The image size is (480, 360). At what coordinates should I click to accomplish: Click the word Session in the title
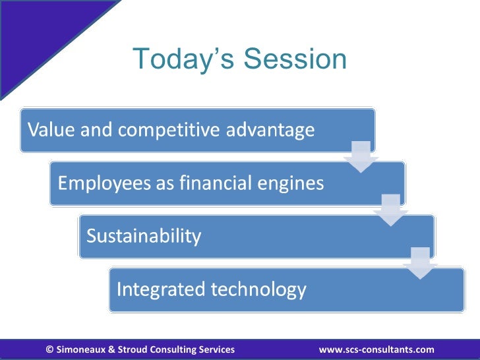tap(295, 59)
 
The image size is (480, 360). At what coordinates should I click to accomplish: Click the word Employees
tap(104, 184)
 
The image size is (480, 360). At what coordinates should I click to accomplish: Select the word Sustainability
tap(144, 236)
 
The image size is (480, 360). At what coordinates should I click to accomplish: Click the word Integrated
tap(161, 289)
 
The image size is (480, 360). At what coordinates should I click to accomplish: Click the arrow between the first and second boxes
tap(361, 157)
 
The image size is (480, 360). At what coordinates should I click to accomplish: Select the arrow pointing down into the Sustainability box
tap(390, 210)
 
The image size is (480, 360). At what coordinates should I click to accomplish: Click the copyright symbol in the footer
tap(49, 349)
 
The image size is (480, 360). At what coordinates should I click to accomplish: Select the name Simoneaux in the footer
tap(81, 349)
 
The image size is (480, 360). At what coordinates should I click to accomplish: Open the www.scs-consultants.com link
tap(376, 349)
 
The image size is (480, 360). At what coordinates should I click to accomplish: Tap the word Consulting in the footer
tap(173, 349)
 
